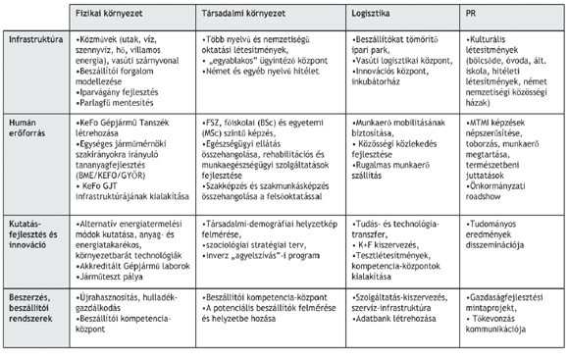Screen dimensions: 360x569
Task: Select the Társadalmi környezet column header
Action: [x=237, y=19]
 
